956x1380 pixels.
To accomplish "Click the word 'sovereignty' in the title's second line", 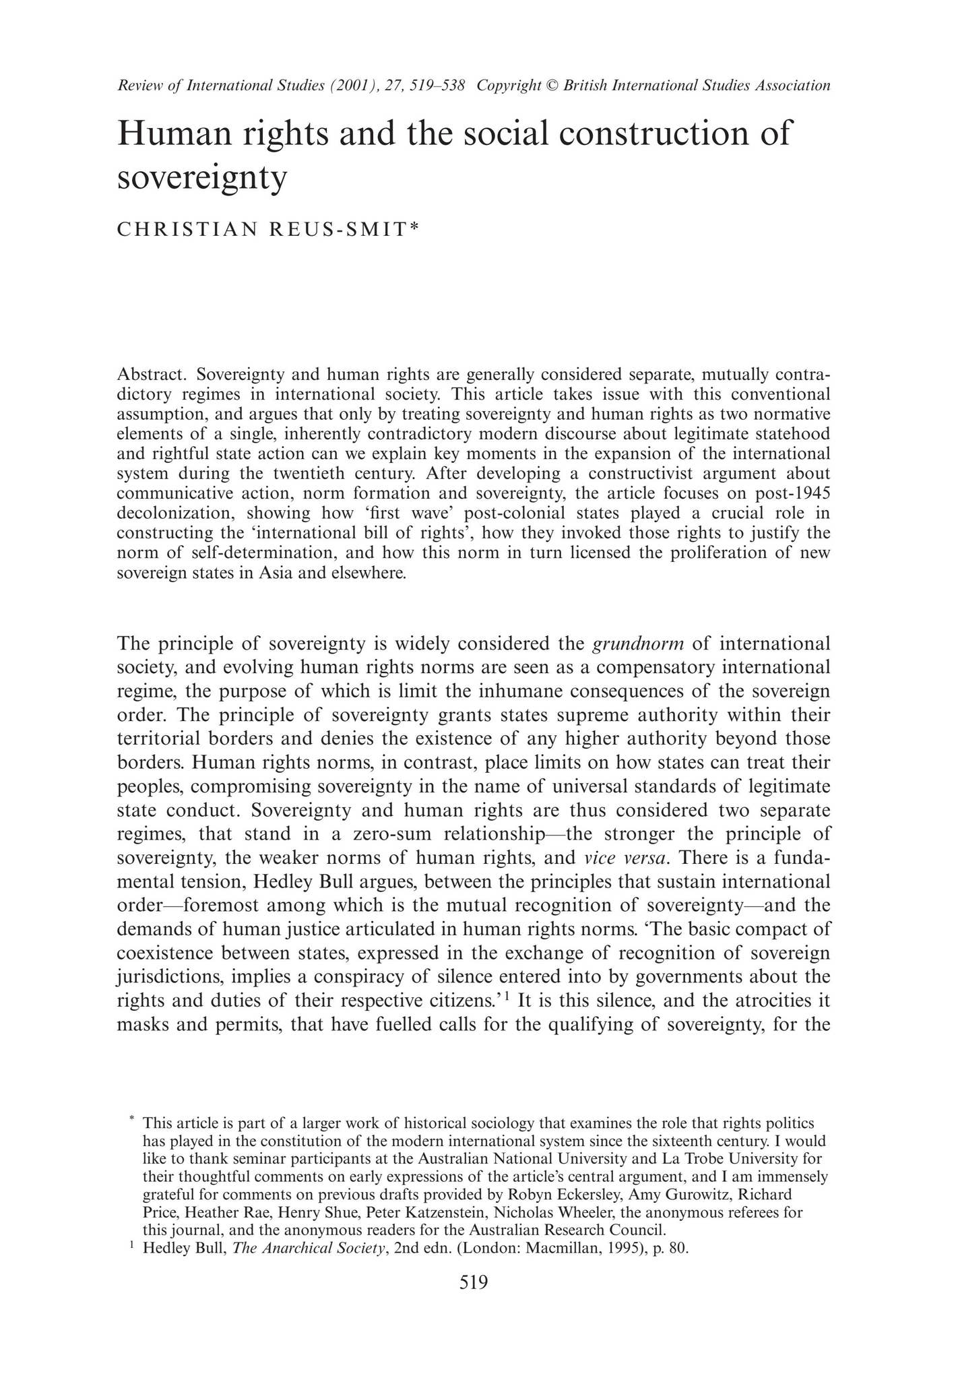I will [202, 177].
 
